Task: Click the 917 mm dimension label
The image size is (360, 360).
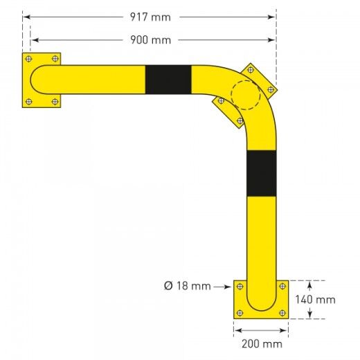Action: coord(150,17)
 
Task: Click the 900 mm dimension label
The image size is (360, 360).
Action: coord(150,39)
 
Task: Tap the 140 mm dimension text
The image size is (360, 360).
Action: coord(315,300)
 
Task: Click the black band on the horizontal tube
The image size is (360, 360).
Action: coord(168,80)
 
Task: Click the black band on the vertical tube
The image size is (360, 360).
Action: coord(261,173)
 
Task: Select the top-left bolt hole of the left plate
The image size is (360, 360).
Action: coord(28,59)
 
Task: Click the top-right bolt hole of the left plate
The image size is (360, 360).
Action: coord(55,59)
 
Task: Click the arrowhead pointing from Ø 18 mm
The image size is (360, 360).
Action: coord(227,285)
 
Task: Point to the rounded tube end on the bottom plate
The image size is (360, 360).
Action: coord(261,305)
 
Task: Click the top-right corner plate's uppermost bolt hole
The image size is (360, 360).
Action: coord(250,69)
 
